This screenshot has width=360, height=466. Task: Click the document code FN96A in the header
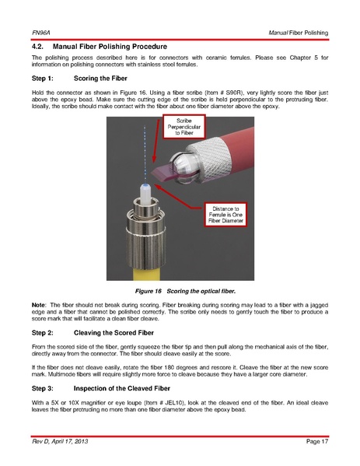coord(41,33)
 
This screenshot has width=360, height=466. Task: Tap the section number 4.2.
coord(37,47)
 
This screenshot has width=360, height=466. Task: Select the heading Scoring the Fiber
coord(100,79)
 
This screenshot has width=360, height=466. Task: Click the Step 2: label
coord(43,333)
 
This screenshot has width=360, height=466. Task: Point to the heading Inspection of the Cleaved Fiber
coord(122,388)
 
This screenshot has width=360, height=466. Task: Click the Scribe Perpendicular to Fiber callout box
coord(183,127)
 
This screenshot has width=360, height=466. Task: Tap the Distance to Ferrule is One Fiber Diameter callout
coord(225,215)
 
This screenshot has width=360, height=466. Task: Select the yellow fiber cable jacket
coord(146,273)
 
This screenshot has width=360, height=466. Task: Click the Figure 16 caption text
coord(185,291)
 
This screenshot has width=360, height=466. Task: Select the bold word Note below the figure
coord(39,305)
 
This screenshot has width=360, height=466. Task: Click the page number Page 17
coord(317,441)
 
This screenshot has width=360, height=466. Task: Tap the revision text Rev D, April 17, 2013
coord(60,441)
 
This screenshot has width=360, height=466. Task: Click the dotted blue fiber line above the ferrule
coord(145,155)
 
